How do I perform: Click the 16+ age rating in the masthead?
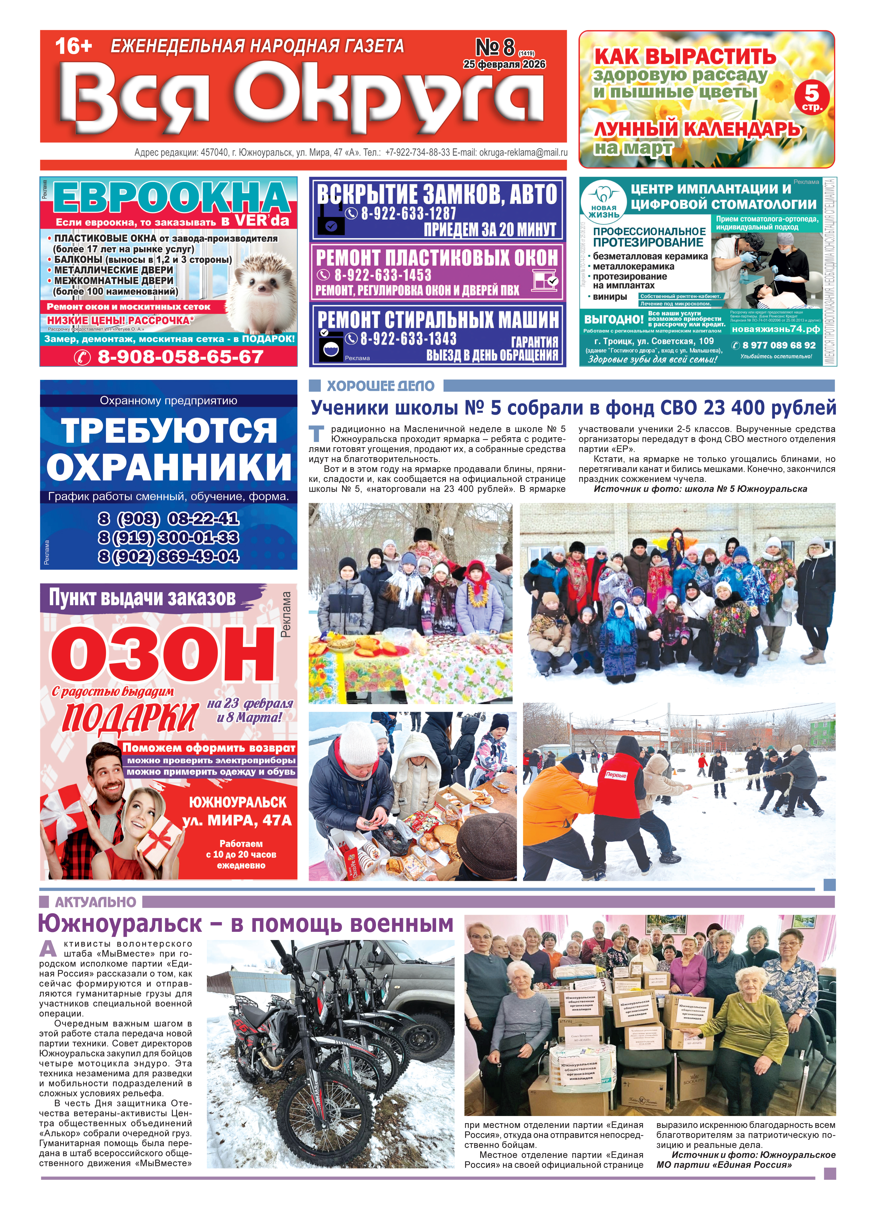(74, 46)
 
